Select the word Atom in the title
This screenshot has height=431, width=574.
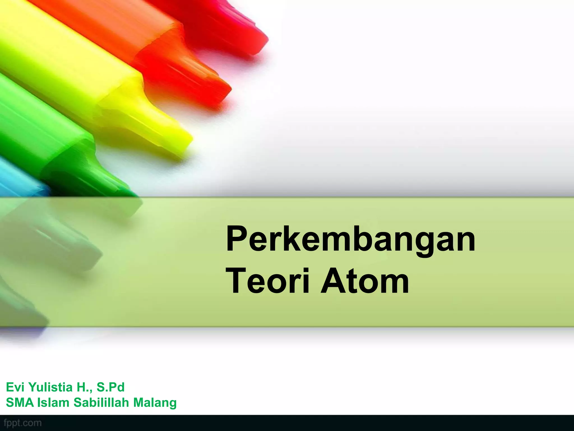coord(365,281)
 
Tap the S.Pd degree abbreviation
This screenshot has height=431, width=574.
coord(110,387)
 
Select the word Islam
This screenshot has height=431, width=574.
coord(53,403)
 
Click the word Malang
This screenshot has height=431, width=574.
coord(155,403)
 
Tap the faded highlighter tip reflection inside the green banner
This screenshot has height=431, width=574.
coord(84,253)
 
